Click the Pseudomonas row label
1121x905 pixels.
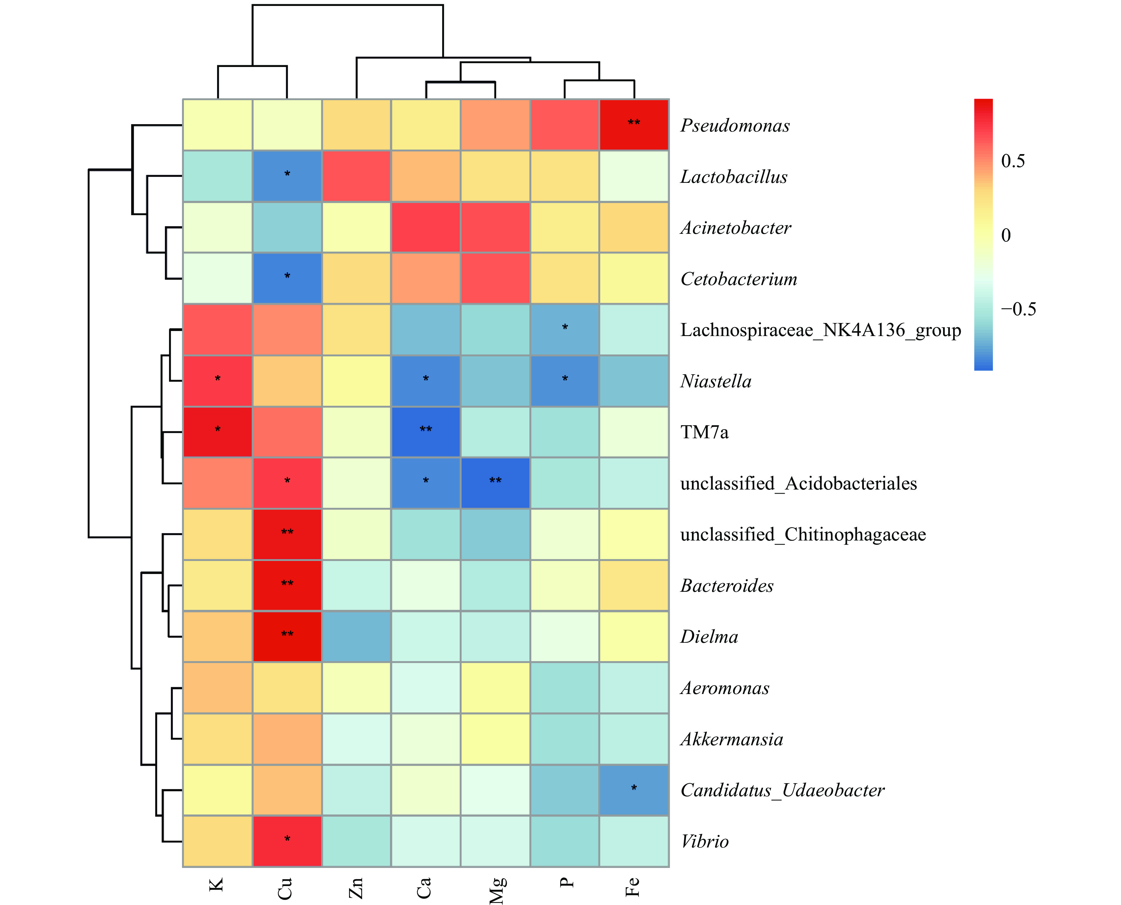click(x=735, y=126)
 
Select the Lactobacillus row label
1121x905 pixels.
click(x=733, y=177)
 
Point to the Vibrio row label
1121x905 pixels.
click(x=704, y=841)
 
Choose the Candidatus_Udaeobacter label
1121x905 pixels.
click(x=782, y=790)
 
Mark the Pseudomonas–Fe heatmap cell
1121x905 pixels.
click(x=634, y=124)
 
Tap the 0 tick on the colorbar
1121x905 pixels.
click(x=1006, y=235)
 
